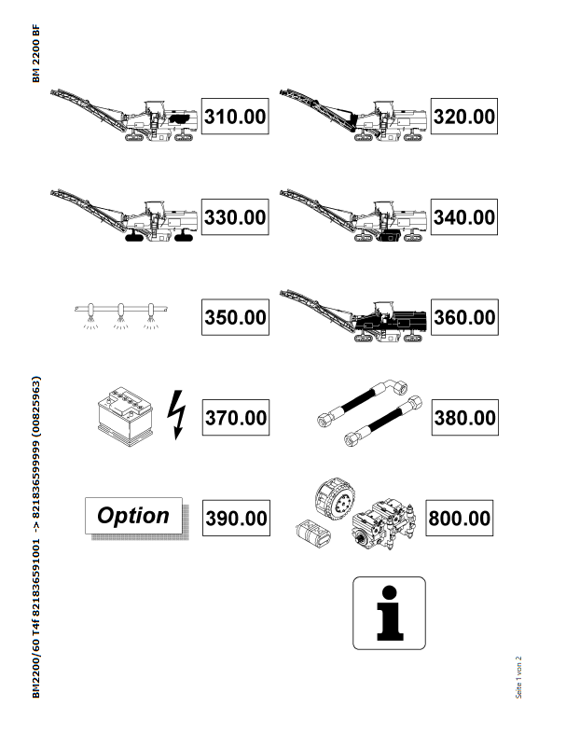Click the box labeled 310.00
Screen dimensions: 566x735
tap(235, 117)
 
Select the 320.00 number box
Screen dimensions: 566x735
tap(463, 117)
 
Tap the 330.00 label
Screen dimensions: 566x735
tap(235, 217)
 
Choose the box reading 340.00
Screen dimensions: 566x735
tap(463, 217)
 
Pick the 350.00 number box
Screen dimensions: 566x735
tap(235, 317)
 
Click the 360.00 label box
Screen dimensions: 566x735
tap(464, 317)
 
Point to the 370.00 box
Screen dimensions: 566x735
tap(236, 418)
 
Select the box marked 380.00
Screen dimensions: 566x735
tap(464, 418)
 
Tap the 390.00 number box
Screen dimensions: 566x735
tap(236, 518)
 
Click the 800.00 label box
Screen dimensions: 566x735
tap(459, 518)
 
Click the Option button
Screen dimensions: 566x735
tap(133, 516)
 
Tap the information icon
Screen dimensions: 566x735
tap(389, 613)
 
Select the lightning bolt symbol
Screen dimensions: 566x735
tap(176, 415)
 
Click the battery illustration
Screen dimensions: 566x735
tap(125, 416)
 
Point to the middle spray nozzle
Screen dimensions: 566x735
tap(121, 315)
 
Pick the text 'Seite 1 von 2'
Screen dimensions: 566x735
tap(518, 677)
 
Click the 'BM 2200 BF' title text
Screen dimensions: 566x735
tap(36, 53)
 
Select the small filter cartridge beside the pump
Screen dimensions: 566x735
tap(313, 534)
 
